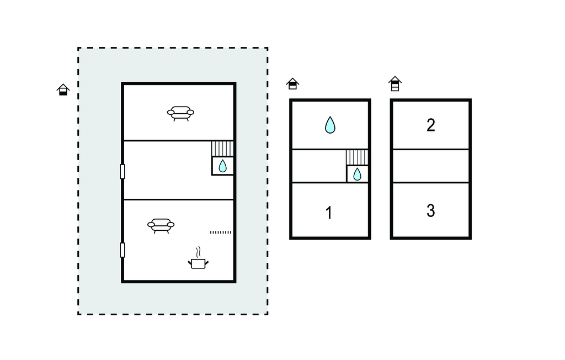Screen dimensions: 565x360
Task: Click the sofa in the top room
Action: [180, 113]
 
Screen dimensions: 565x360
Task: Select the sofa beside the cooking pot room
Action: [161, 226]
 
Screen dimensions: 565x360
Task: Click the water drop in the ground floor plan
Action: [223, 166]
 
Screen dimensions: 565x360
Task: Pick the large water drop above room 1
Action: [330, 125]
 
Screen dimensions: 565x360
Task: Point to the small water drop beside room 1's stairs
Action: [357, 174]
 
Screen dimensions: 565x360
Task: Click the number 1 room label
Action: [329, 213]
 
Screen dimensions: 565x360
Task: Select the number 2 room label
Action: [431, 125]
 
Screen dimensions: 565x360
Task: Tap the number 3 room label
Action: [431, 211]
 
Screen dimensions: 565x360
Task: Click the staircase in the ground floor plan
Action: [222, 149]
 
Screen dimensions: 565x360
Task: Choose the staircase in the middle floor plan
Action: [357, 157]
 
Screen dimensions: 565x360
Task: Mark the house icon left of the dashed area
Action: [63, 89]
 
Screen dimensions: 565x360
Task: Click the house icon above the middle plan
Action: [292, 84]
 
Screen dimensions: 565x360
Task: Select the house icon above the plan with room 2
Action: [395, 84]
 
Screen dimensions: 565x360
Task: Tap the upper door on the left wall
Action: [122, 172]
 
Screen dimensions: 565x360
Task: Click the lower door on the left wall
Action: [122, 250]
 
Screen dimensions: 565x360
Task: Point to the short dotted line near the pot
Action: [221, 232]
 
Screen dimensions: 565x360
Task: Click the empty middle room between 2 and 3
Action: [431, 166]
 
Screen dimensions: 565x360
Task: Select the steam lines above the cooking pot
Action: [198, 252]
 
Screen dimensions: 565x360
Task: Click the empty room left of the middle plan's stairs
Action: [319, 166]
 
